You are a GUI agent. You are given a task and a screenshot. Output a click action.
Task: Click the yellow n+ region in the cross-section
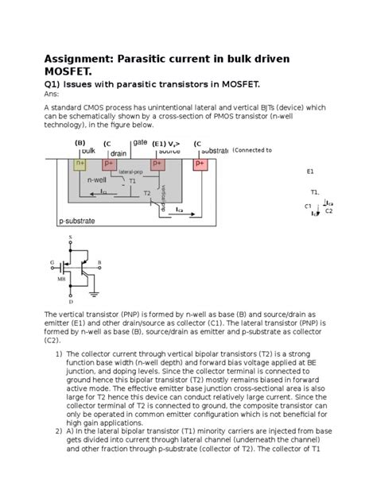pos(80,164)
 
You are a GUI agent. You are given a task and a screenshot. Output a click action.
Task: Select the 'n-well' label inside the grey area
pos(97,180)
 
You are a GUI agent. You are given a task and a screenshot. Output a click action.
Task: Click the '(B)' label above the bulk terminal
pos(80,143)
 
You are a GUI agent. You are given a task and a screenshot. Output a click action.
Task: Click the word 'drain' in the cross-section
pos(119,153)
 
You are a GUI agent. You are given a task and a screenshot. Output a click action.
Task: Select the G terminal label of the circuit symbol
pos(52,261)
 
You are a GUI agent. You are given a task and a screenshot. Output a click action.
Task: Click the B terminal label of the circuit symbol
pos(99,261)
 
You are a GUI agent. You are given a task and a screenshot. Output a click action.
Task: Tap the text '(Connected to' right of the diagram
pos(252,149)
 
